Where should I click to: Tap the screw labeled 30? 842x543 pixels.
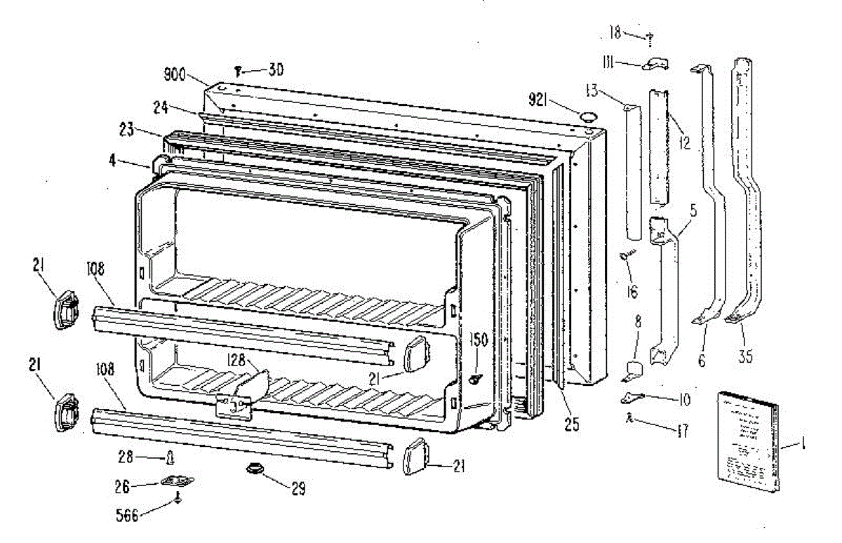click(239, 69)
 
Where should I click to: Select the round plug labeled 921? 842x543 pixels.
click(589, 115)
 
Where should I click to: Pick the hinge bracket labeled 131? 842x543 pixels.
click(655, 65)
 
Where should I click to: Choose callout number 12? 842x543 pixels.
click(685, 143)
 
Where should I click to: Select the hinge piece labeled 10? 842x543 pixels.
click(631, 398)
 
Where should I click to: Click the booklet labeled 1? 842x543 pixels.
click(747, 442)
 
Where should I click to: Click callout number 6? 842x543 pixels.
click(702, 361)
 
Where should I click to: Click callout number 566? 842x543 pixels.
click(127, 516)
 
